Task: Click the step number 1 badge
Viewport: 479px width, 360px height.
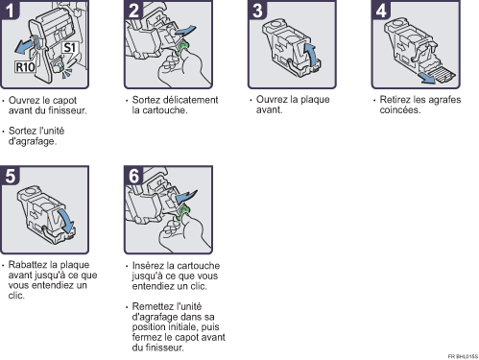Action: pos(10,10)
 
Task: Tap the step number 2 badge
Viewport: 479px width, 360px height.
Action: pos(133,10)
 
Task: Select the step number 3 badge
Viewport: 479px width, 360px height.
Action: pos(257,10)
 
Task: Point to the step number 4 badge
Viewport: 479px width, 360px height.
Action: pos(381,10)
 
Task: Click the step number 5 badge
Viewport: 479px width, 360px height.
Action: pos(10,176)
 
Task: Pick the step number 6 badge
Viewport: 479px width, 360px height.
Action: pos(133,176)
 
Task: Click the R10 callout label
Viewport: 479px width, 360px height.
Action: pos(25,67)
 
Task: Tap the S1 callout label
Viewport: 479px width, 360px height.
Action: pos(70,48)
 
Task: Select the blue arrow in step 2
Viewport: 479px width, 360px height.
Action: pos(185,31)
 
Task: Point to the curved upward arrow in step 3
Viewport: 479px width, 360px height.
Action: pos(310,55)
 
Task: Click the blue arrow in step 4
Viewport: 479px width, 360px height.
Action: pos(427,78)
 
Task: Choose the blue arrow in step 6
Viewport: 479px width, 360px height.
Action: pos(186,197)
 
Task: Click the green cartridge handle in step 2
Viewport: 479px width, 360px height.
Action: pos(182,47)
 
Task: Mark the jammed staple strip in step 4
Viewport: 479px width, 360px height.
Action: pos(443,74)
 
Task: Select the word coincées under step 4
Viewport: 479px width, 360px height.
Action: pos(400,110)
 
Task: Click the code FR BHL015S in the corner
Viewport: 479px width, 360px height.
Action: pos(463,356)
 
